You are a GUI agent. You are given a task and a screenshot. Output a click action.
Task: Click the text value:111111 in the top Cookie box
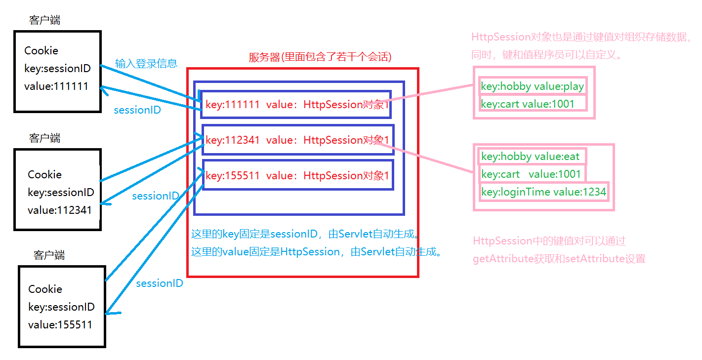tap(56, 86)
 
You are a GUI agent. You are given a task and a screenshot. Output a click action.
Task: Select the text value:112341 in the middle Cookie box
tap(60, 210)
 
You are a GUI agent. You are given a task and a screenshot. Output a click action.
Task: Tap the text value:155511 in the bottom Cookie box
tap(60, 325)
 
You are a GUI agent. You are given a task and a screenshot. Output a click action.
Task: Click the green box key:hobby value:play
tap(532, 86)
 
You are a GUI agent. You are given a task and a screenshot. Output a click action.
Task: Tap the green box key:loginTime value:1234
tap(543, 192)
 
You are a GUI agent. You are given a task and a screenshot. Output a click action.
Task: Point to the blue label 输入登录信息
tap(146, 63)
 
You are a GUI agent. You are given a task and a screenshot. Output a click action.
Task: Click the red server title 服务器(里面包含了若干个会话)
tap(320, 57)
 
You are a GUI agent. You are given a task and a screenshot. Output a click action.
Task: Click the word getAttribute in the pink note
tap(503, 259)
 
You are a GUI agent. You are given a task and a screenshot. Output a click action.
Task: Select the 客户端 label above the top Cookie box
tap(45, 20)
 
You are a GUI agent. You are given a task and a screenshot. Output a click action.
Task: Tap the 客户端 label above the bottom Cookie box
tap(49, 255)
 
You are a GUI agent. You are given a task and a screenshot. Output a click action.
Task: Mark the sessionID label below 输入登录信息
tap(137, 110)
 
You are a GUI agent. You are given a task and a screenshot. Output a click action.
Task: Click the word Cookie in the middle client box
tap(45, 174)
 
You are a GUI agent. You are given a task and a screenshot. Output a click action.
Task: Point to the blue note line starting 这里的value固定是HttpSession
tap(316, 252)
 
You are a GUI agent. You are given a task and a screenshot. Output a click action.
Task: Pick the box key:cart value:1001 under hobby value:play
tap(528, 104)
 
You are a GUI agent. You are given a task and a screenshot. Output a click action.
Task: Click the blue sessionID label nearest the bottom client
tap(160, 283)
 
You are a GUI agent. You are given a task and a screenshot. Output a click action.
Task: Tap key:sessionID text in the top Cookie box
tap(57, 69)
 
